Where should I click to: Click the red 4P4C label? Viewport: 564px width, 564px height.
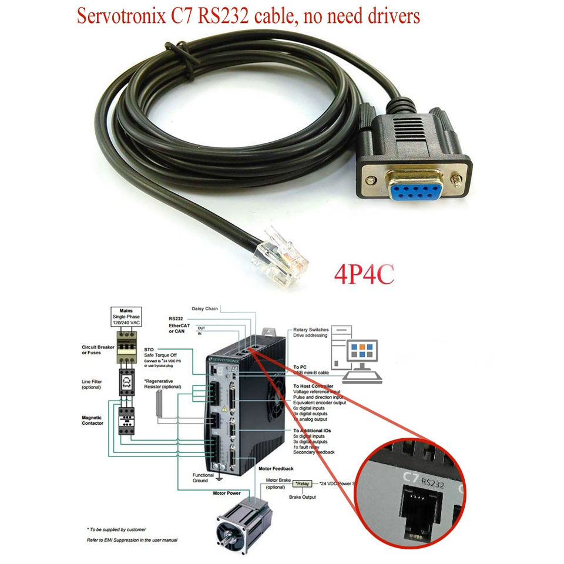[x=364, y=275]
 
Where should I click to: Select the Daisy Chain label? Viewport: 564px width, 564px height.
[x=205, y=308]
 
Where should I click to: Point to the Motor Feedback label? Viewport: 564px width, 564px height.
[x=276, y=469]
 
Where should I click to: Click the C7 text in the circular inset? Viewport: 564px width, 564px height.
[x=409, y=476]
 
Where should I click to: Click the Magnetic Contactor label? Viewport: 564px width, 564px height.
[x=93, y=420]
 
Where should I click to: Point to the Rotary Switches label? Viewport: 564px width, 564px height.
[x=311, y=330]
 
